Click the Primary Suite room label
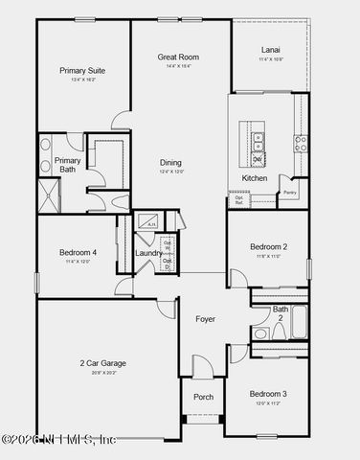(82, 71)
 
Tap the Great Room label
(178, 57)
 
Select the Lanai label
(271, 51)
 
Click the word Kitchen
(254, 178)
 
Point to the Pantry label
(290, 193)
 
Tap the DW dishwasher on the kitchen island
(257, 159)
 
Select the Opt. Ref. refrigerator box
(238, 200)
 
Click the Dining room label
(170, 163)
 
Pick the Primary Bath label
(68, 165)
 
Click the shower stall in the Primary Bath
(48, 196)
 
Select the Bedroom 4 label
(77, 252)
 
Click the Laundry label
(147, 253)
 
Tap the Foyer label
(205, 318)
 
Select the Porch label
(203, 397)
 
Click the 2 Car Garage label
(102, 363)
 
